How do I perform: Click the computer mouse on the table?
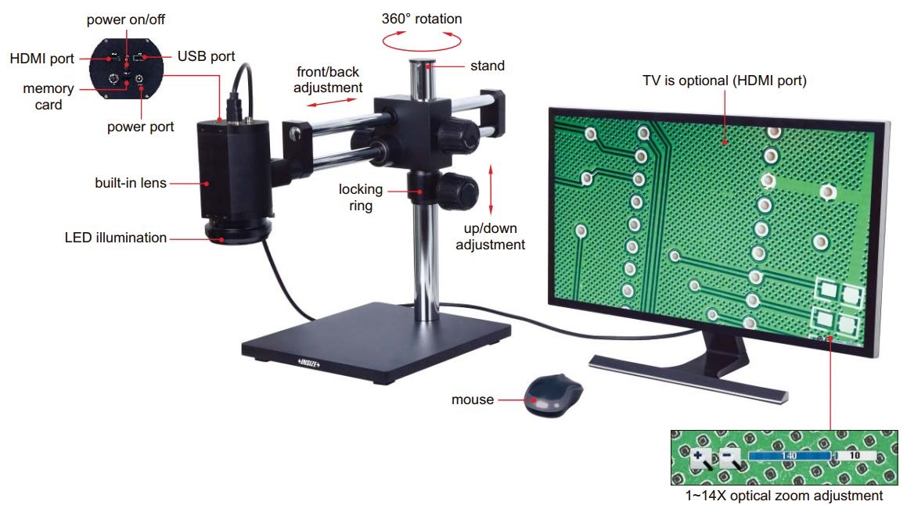pos(554,395)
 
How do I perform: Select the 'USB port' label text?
pos(206,56)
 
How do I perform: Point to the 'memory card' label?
pos(49,96)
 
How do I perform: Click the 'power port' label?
pos(141,127)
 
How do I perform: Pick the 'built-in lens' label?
pos(131,183)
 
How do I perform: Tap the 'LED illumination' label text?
pos(116,237)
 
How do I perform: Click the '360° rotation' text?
pos(422,19)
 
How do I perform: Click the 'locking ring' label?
pos(361,197)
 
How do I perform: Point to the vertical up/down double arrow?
pos(491,188)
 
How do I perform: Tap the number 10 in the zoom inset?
pos(854,454)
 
